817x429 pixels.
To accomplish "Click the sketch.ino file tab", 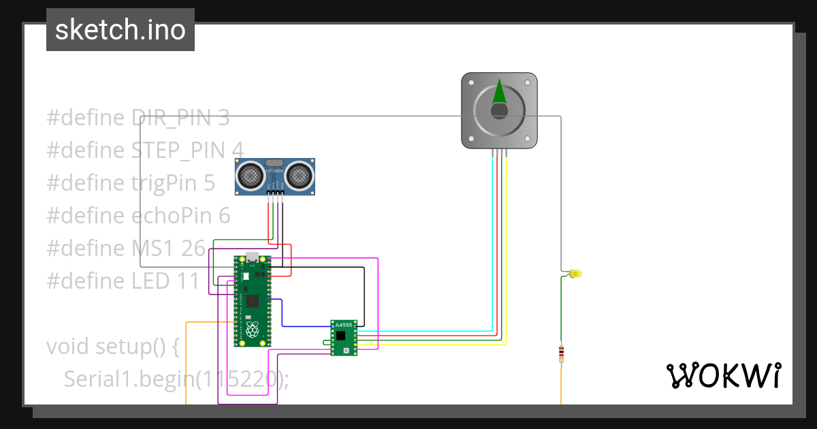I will point(120,30).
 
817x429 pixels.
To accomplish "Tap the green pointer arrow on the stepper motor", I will point(499,93).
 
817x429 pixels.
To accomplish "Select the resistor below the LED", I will point(561,353).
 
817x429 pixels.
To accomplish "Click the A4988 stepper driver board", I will point(343,338).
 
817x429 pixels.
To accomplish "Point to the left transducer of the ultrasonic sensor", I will point(252,176).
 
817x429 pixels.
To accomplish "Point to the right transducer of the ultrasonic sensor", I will point(298,176).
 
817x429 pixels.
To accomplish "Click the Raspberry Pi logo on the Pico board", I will point(253,332).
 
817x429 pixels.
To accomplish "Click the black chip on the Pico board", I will point(253,300).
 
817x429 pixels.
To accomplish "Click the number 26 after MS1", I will point(193,249).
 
